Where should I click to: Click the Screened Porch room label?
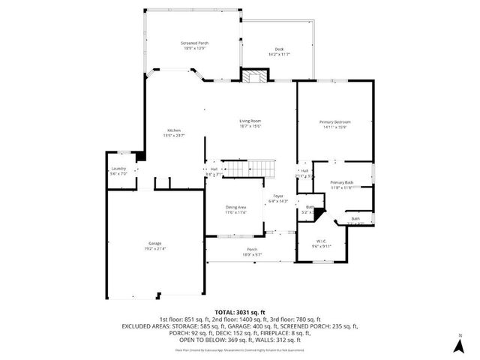tap(194, 43)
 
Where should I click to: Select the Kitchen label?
tap(174, 130)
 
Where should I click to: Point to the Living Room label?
tap(250, 121)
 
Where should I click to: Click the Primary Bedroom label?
tap(334, 121)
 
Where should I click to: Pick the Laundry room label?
tap(118, 169)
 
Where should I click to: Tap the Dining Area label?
tap(236, 207)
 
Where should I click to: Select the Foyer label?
tap(278, 196)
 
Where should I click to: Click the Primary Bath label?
tap(342, 182)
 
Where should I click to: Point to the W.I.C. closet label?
tap(321, 241)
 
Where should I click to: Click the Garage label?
tap(154, 243)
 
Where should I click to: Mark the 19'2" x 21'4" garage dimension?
tap(154, 248)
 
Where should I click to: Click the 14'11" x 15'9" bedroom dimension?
tap(334, 127)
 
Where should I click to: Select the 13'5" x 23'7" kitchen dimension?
tap(174, 136)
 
